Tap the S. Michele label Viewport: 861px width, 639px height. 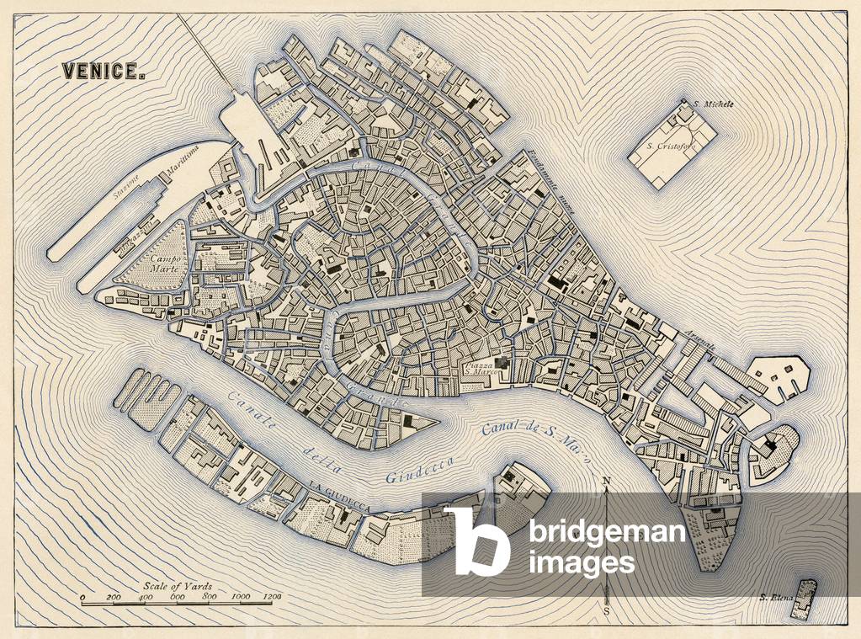tap(714, 104)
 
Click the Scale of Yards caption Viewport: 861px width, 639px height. tap(177, 586)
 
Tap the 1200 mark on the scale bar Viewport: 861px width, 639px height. tap(271, 597)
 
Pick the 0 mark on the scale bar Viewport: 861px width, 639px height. tap(82, 597)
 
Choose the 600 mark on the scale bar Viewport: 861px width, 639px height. tap(178, 597)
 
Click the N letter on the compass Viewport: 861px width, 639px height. tap(606, 482)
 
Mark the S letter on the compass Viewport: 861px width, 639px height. tap(607, 610)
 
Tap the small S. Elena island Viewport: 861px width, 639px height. tap(807, 599)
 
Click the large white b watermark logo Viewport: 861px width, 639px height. tap(477, 539)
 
